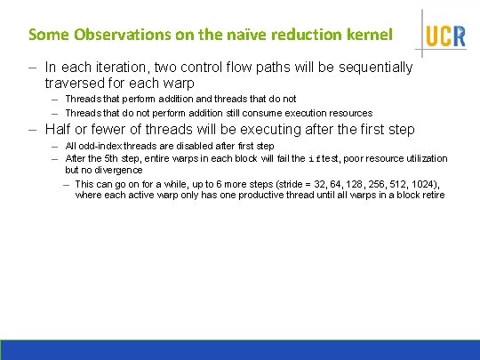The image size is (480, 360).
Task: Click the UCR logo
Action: (x=444, y=34)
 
